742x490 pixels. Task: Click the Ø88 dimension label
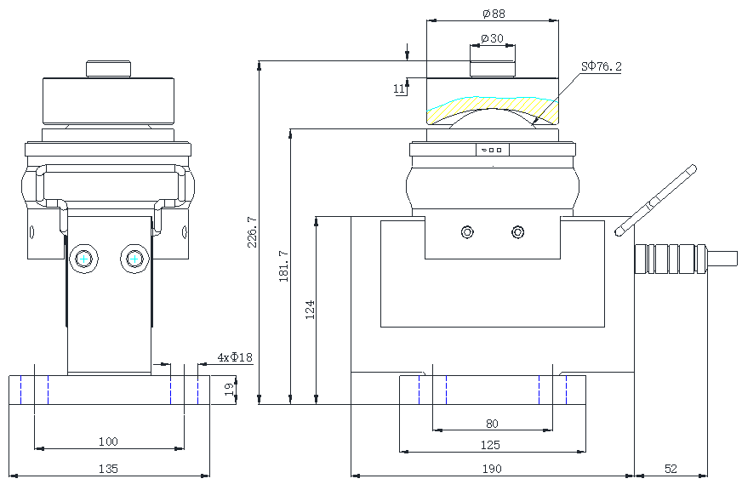coord(493,14)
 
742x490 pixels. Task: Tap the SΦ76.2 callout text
coord(601,66)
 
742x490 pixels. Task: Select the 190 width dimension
coord(492,469)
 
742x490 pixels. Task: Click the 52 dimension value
coord(671,469)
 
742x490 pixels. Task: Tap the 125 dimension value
coord(490,445)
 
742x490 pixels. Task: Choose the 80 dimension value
coord(492,424)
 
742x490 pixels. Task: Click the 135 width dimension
coord(108,469)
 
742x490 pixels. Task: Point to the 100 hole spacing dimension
coord(108,442)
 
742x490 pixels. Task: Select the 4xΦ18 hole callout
coord(235,357)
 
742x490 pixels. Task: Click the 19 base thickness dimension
coord(228,390)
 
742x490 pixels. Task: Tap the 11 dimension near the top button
coord(398,88)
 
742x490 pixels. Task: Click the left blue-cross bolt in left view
coord(83,258)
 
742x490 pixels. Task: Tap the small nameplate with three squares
coord(493,150)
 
